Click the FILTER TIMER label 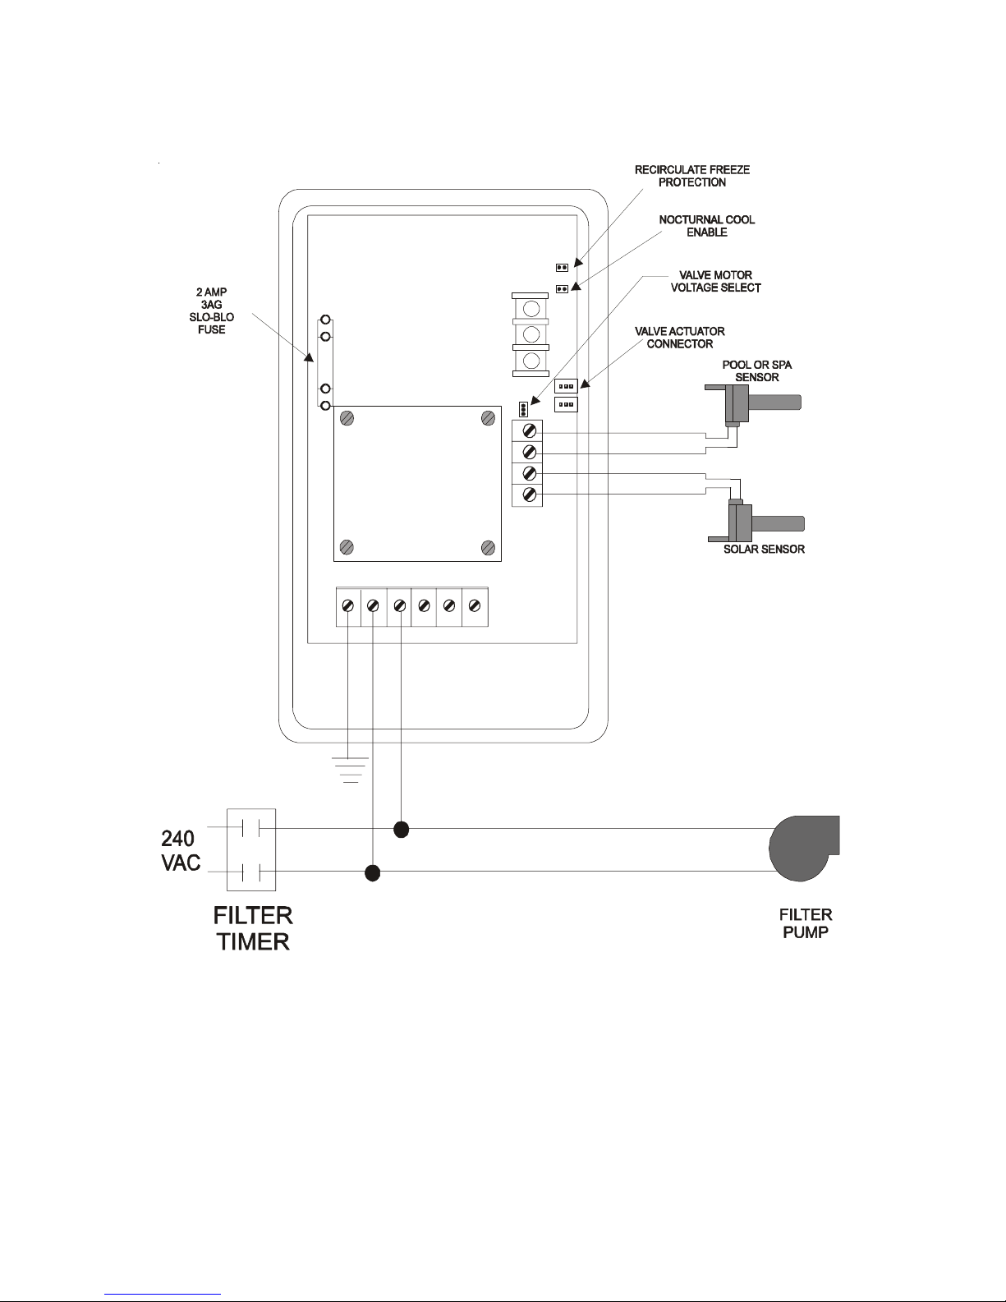(x=253, y=928)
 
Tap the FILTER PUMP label (x=806, y=923)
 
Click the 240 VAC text (x=180, y=851)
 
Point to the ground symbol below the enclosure (x=351, y=770)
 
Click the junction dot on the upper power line (x=402, y=830)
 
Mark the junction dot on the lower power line (x=373, y=873)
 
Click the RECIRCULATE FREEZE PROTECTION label (x=692, y=176)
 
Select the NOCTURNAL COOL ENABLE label (x=706, y=226)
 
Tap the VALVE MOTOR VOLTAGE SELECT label (x=715, y=282)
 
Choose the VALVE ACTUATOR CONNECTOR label (x=680, y=338)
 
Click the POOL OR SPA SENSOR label (x=757, y=371)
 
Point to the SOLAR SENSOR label (x=764, y=549)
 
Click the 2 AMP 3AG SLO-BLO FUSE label (x=211, y=311)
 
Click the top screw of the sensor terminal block (x=530, y=430)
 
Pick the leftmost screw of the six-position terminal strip (x=347, y=606)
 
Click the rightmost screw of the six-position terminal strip (x=475, y=606)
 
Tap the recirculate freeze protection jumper (x=562, y=267)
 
